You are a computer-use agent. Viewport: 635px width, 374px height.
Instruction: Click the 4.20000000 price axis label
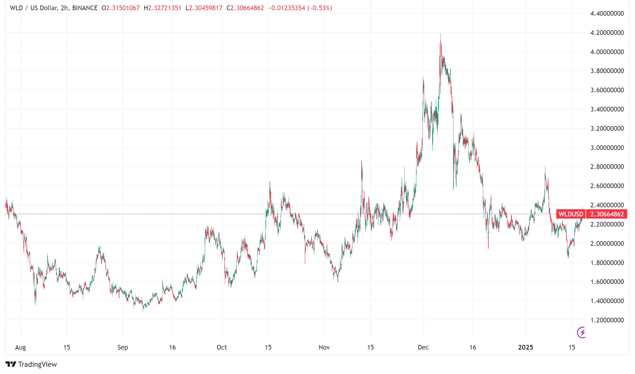[x=607, y=33]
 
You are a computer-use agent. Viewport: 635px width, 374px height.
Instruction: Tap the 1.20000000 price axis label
[x=607, y=320]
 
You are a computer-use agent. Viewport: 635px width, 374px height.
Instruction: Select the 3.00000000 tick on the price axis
[x=607, y=148]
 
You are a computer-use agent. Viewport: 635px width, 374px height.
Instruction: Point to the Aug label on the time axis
[x=20, y=347]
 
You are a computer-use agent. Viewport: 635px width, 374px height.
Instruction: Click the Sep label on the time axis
[x=123, y=347]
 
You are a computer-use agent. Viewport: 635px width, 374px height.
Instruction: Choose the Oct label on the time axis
[x=222, y=347]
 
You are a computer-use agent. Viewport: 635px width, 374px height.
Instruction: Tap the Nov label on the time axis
[x=324, y=347]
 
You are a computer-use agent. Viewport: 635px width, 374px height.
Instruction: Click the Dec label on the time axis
[x=423, y=347]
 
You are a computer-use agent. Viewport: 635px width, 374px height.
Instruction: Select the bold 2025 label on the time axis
[x=525, y=347]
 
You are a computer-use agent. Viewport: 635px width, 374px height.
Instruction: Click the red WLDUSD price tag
[x=571, y=214]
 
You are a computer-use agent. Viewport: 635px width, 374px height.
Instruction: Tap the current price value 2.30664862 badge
[x=607, y=214]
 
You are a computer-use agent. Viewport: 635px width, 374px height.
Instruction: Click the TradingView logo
[x=31, y=364]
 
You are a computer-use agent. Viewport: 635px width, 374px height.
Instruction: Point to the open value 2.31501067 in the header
[x=123, y=8]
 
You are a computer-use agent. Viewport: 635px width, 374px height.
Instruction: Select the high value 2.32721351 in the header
[x=165, y=8]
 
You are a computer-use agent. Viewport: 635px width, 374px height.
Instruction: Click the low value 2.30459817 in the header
[x=206, y=8]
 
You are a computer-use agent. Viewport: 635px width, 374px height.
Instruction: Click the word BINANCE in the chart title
[x=85, y=8]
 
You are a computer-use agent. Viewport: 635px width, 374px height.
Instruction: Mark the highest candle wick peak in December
[x=440, y=34]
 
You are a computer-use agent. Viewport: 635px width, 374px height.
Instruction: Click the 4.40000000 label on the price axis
[x=607, y=13]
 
